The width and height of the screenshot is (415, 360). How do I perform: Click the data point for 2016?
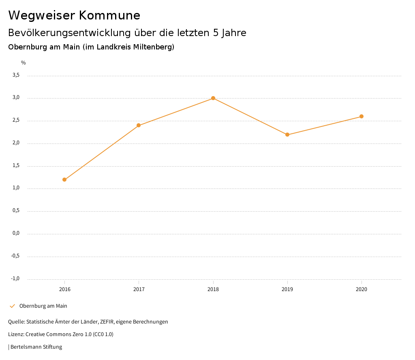pyautogui.click(x=64, y=180)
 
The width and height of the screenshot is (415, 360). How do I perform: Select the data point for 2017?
pyautogui.click(x=139, y=125)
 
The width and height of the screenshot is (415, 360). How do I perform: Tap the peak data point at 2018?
pyautogui.click(x=213, y=98)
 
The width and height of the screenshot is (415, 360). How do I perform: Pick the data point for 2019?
pyautogui.click(x=287, y=135)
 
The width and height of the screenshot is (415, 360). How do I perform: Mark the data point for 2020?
pyautogui.click(x=362, y=116)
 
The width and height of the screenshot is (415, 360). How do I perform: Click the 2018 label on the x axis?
pyautogui.click(x=213, y=289)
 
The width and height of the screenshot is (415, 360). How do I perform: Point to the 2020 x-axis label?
pyautogui.click(x=362, y=289)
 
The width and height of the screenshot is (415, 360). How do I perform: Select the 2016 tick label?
pyautogui.click(x=64, y=289)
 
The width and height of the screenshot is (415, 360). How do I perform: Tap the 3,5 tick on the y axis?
pyautogui.click(x=16, y=75)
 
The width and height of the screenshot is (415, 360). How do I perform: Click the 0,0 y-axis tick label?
pyautogui.click(x=16, y=234)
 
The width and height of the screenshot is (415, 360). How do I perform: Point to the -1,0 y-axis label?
pyautogui.click(x=15, y=279)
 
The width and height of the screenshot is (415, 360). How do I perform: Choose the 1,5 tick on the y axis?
pyautogui.click(x=16, y=166)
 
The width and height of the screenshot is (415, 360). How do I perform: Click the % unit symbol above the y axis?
pyautogui.click(x=24, y=63)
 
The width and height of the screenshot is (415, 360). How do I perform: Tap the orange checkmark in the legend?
pyautogui.click(x=12, y=306)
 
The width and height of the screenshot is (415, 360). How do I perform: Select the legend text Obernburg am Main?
pyautogui.click(x=43, y=306)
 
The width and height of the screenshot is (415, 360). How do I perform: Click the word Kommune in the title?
pyautogui.click(x=110, y=15)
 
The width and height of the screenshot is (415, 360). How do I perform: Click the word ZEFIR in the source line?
pyautogui.click(x=107, y=322)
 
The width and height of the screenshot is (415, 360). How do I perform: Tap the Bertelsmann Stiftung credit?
pyautogui.click(x=36, y=347)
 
